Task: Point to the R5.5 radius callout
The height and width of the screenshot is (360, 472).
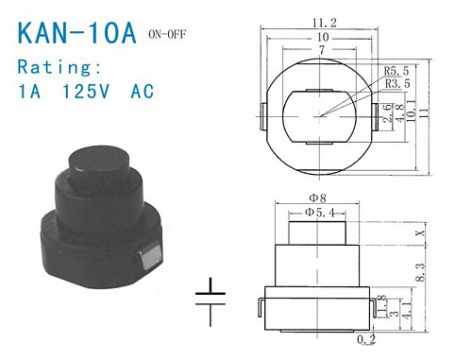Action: [x=396, y=72]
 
